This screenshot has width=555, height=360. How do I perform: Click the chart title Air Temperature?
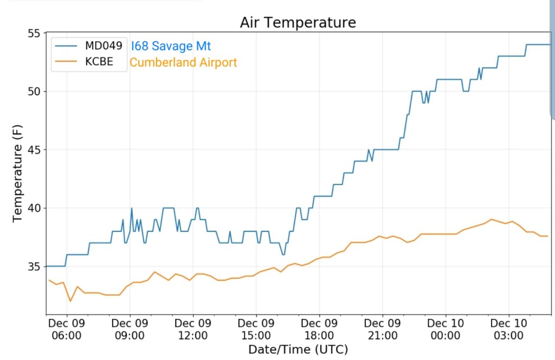click(298, 22)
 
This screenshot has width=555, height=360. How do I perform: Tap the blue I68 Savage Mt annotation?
click(171, 46)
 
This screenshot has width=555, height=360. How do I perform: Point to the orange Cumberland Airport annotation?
click(183, 62)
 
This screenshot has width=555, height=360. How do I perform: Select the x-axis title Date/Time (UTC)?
click(298, 349)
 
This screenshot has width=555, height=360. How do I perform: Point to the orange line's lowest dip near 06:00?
click(70, 301)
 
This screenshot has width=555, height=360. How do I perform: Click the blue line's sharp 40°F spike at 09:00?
click(131, 208)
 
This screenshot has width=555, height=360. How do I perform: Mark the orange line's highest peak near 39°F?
click(492, 220)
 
